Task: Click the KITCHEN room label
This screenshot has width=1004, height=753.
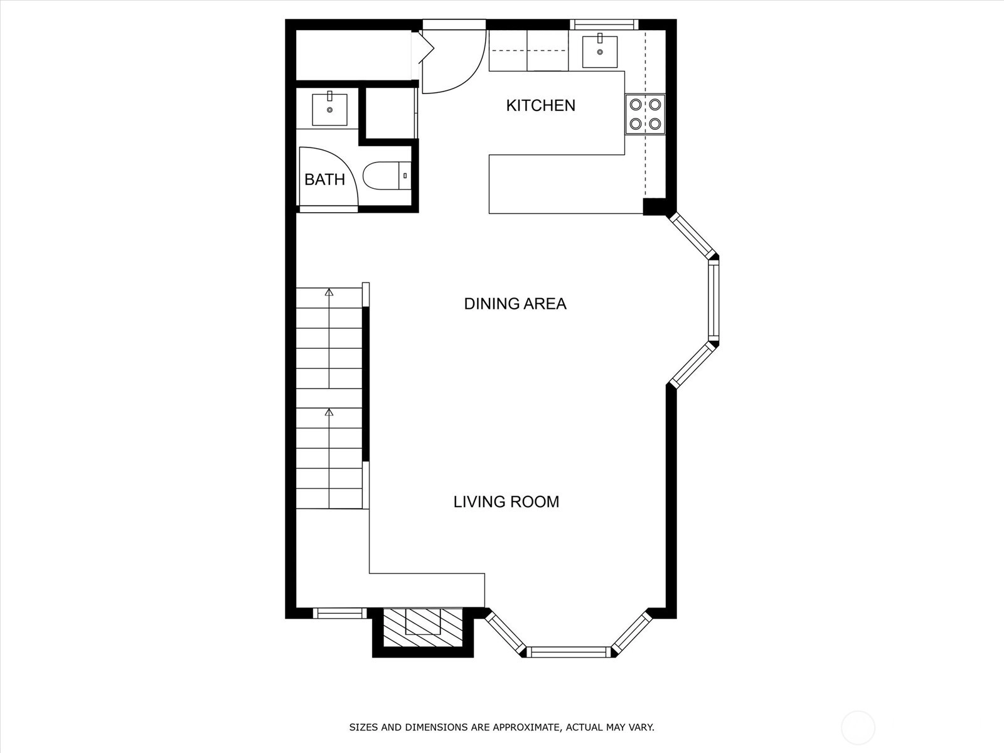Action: [540, 105]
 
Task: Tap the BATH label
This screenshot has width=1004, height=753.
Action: [324, 179]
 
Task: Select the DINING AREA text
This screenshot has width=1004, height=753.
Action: [515, 304]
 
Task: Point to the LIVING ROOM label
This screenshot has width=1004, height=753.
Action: [506, 502]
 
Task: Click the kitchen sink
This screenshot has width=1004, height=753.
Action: [600, 50]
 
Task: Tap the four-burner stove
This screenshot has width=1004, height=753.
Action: [645, 114]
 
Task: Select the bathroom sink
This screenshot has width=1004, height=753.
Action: [329, 109]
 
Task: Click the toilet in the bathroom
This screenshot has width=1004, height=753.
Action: [387, 176]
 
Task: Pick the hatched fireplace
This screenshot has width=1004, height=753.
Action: [423, 627]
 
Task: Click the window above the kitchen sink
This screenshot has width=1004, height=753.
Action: [604, 24]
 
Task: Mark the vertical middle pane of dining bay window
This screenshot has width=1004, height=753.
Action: [713, 301]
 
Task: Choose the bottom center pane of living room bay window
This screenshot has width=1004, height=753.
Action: [569, 652]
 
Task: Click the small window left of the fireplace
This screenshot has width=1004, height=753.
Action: [340, 613]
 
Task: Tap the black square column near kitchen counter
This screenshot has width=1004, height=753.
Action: [654, 206]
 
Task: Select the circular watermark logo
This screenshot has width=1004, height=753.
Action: [858, 728]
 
